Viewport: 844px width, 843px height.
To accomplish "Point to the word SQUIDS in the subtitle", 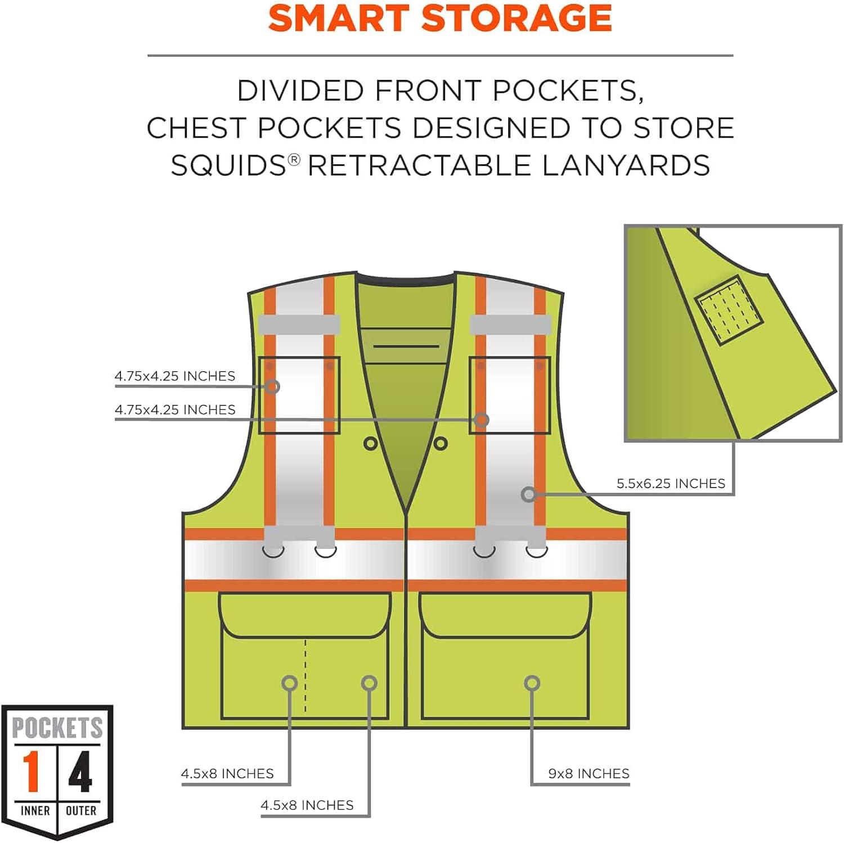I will [229, 165].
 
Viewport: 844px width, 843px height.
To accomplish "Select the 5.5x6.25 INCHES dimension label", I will [671, 484].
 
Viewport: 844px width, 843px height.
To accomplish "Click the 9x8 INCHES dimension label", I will [589, 774].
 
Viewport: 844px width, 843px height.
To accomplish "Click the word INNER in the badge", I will [35, 810].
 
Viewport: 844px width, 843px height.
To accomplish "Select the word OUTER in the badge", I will [81, 810].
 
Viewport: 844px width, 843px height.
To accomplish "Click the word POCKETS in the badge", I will [57, 728].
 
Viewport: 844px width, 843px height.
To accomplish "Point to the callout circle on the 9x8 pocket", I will [532, 683].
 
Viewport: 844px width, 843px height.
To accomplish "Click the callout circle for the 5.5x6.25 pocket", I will [528, 494].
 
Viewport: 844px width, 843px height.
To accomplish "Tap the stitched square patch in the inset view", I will [730, 310].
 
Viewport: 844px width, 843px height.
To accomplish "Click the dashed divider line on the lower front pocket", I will [306, 675].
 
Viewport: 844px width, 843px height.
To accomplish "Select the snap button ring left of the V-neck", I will [370, 444].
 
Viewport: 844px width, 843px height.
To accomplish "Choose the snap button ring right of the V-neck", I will [441, 444].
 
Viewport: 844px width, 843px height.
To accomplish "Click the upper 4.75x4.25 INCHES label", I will [175, 376].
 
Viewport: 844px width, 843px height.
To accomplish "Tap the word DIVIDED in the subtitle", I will [300, 91].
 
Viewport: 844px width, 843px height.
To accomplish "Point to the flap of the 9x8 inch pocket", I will [505, 614].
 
